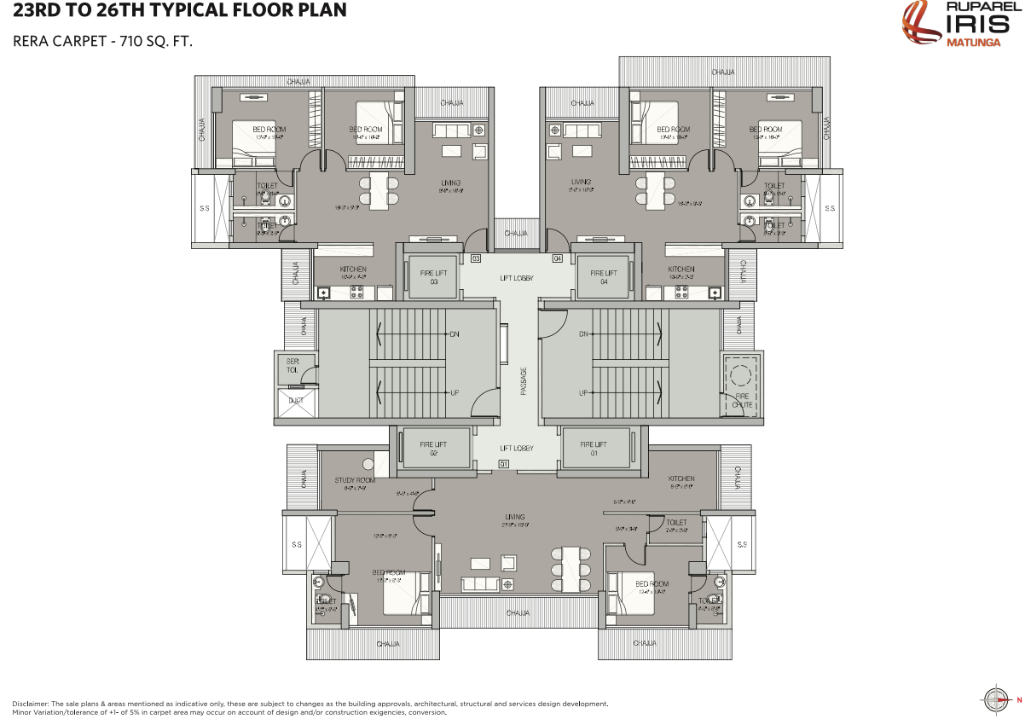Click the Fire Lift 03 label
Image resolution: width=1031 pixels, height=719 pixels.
[x=433, y=277]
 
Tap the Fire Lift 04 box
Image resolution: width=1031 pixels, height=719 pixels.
[x=603, y=277]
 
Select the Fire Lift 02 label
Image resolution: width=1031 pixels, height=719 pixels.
[x=433, y=449]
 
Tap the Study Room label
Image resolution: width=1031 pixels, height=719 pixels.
[x=354, y=481]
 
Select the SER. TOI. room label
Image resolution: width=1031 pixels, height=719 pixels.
[x=293, y=366]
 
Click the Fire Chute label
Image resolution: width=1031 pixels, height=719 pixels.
[x=742, y=400]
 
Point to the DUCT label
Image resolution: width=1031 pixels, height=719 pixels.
[x=296, y=400]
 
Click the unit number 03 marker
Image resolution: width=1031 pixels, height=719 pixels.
[x=476, y=258]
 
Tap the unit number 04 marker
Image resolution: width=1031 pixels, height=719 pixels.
[x=558, y=258]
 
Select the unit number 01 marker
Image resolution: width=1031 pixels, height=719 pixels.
[x=503, y=464]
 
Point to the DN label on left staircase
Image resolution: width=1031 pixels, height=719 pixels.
[x=454, y=334]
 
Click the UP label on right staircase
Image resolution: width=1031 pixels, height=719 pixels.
[x=584, y=393]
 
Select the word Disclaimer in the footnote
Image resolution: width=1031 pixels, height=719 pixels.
[x=32, y=704]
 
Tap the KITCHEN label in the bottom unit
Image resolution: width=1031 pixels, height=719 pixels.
[x=681, y=479]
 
